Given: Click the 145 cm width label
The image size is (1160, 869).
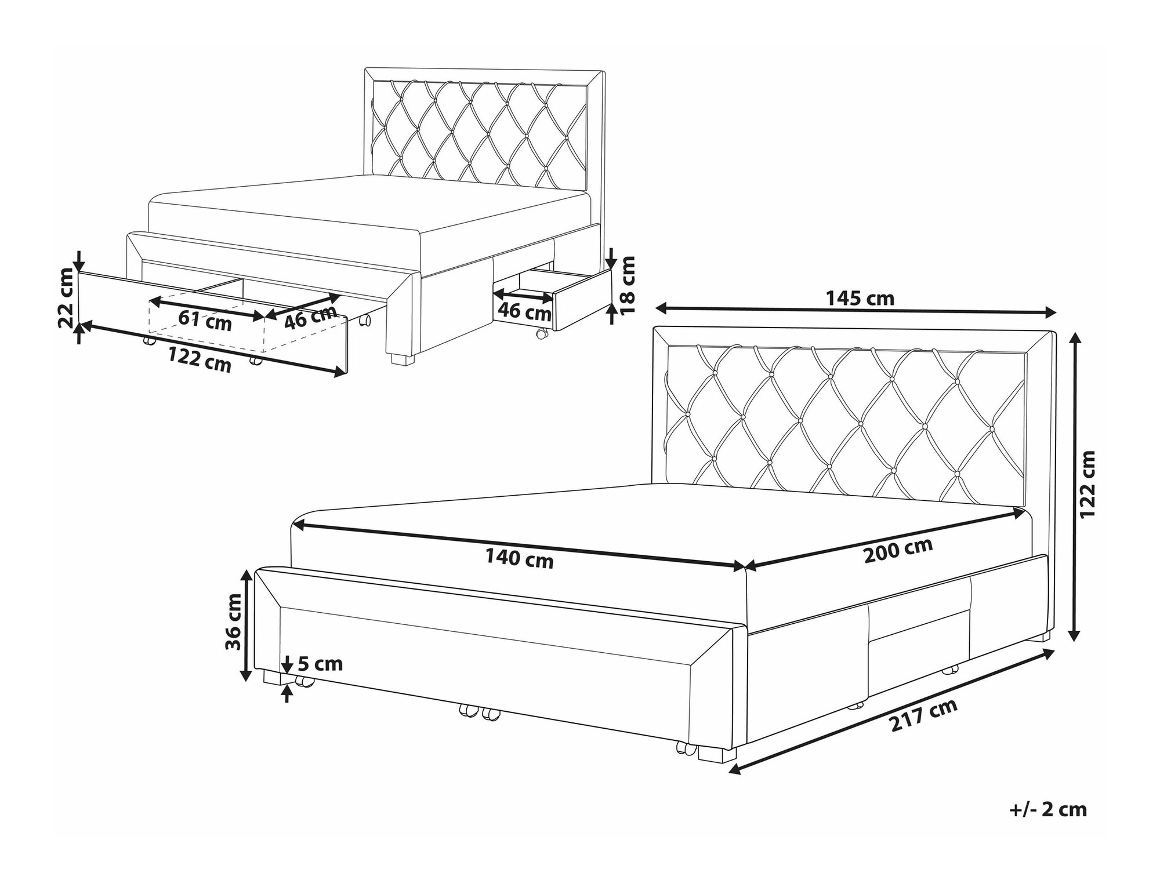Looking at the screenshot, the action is pos(860,298).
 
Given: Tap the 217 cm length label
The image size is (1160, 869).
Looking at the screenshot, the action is pos(924,715).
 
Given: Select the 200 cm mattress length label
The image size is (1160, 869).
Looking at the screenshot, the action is pos(898,550).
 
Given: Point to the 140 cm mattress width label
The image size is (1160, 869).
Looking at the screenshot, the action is pos(519,559).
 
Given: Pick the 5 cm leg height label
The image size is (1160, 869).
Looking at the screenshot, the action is pos(321,663).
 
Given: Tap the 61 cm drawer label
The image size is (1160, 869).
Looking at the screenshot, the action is pos(205,321).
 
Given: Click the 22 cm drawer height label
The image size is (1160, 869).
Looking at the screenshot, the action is pos(67,307).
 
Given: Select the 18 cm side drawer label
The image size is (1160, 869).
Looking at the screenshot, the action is pos(628,285).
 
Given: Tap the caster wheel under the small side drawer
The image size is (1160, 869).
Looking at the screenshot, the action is pos(541,334).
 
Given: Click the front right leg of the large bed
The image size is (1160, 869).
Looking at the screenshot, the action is pos(717,753).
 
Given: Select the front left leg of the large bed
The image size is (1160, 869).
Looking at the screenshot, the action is pos(272,677).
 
